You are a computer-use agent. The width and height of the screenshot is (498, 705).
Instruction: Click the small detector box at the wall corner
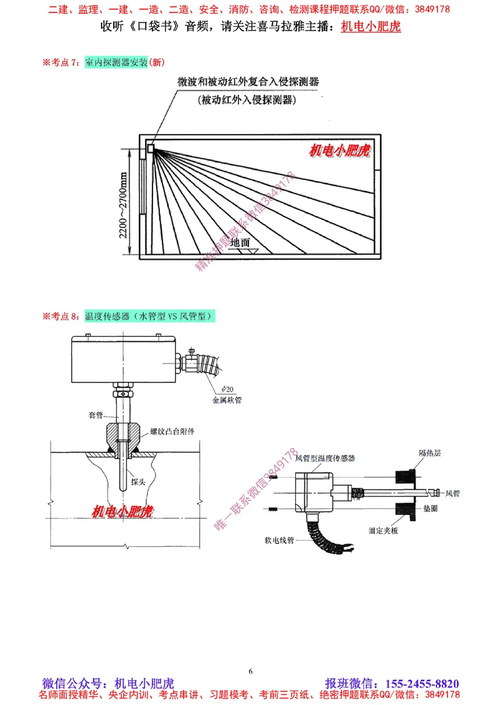tap(150, 148)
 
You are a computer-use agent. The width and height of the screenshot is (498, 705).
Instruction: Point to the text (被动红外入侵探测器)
tap(246, 100)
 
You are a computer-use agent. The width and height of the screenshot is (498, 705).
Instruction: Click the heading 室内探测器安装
tap(116, 62)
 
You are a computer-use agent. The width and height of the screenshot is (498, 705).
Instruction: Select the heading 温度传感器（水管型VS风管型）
tap(150, 316)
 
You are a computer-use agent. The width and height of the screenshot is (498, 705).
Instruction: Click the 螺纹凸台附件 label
tap(172, 432)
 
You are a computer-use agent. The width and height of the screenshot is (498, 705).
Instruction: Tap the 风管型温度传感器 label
tap(325, 458)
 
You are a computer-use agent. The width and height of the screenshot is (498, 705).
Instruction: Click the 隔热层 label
tap(430, 453)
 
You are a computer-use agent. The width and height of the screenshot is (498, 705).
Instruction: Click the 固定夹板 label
tap(383, 531)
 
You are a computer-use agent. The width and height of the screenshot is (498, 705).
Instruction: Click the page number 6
tap(250, 671)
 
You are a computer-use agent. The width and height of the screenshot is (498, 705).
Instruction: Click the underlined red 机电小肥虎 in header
tap(371, 27)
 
